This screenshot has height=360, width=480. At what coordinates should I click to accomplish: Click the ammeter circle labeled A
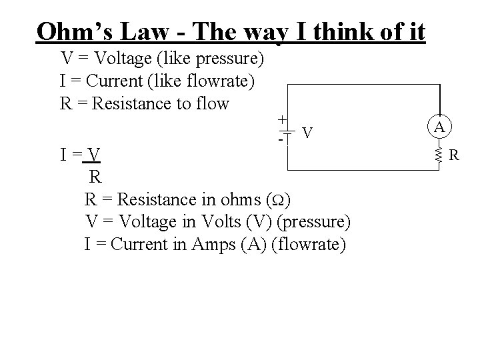(439, 127)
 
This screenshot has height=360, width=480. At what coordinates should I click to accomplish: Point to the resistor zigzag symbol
(439, 156)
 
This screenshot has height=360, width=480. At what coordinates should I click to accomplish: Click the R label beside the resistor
(453, 156)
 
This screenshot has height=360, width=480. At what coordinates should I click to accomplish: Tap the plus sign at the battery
(283, 119)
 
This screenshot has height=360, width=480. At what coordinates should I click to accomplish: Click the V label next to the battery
(307, 133)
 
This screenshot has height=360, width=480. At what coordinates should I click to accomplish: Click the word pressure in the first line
(230, 59)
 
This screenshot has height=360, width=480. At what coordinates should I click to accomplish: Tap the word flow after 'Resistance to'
(211, 103)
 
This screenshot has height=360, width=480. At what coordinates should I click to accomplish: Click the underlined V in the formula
(95, 155)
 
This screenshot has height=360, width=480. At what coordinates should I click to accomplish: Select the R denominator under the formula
(95, 177)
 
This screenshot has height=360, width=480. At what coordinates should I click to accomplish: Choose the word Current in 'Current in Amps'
(140, 243)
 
